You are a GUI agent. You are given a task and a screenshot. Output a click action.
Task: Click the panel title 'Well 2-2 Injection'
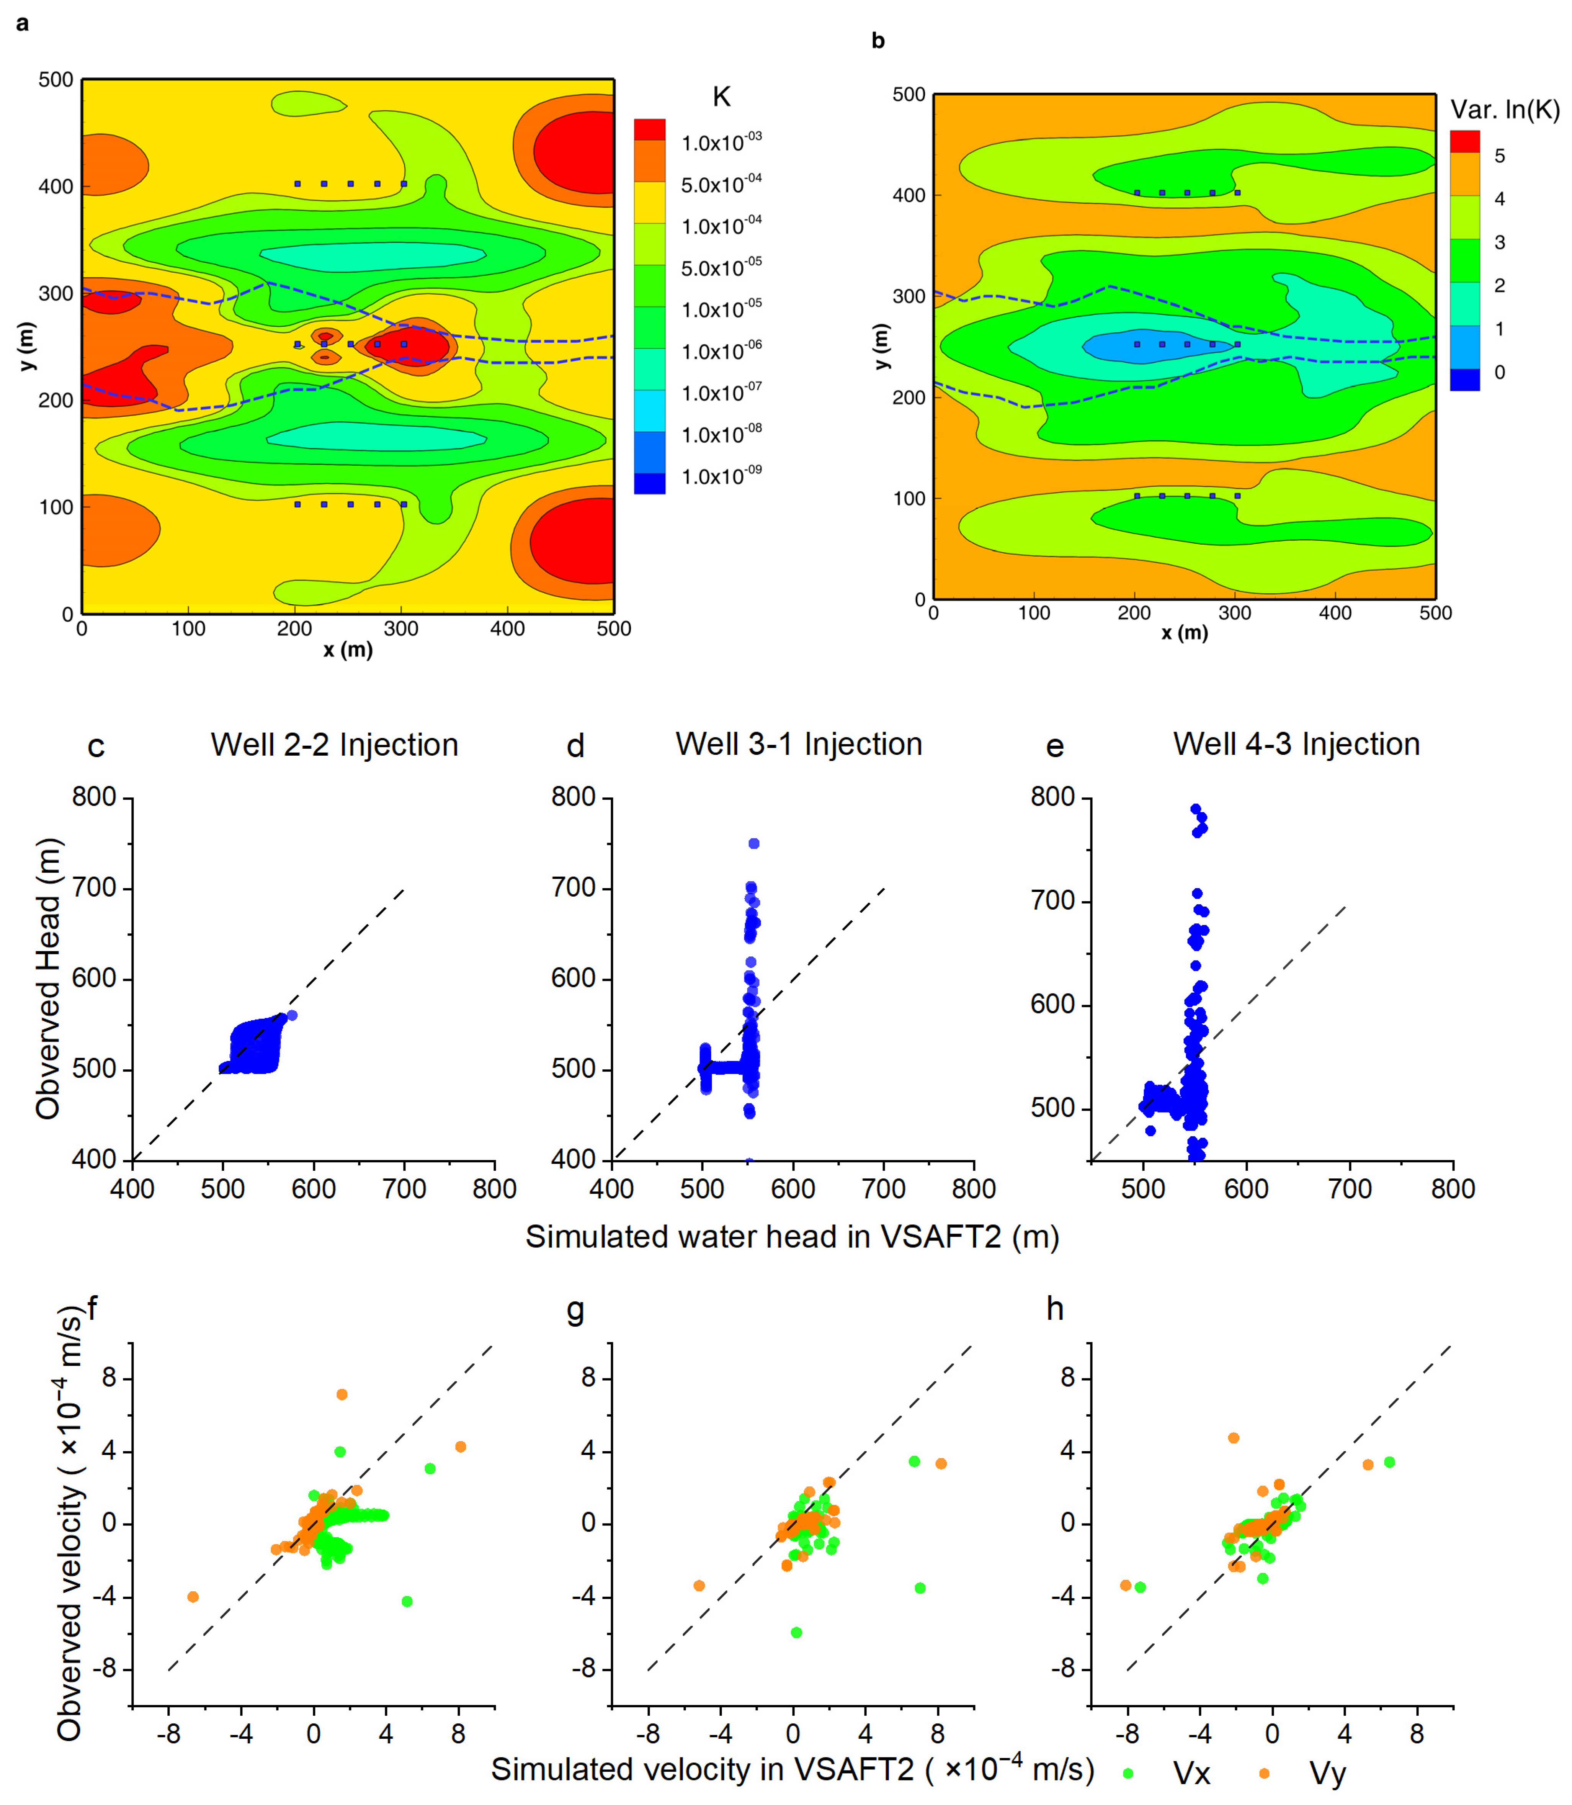[x=334, y=745]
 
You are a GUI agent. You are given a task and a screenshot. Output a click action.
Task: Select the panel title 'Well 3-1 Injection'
[x=798, y=744]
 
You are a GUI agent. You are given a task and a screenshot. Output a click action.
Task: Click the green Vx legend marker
[x=1128, y=1774]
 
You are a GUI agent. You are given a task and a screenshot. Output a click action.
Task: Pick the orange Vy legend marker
[x=1264, y=1774]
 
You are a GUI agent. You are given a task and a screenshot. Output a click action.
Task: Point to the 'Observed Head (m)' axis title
[x=48, y=979]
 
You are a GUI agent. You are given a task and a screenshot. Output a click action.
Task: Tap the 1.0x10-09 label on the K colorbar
[x=721, y=476]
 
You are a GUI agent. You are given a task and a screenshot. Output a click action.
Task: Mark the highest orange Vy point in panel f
[x=342, y=1394]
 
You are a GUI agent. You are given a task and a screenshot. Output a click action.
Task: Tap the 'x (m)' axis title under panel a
[x=347, y=650]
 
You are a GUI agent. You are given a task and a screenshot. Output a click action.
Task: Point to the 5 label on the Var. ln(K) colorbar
[x=1499, y=156]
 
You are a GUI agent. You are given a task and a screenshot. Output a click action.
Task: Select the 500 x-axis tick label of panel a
[x=613, y=628]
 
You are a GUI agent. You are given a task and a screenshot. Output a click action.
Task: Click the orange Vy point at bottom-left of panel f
[x=193, y=1597]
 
